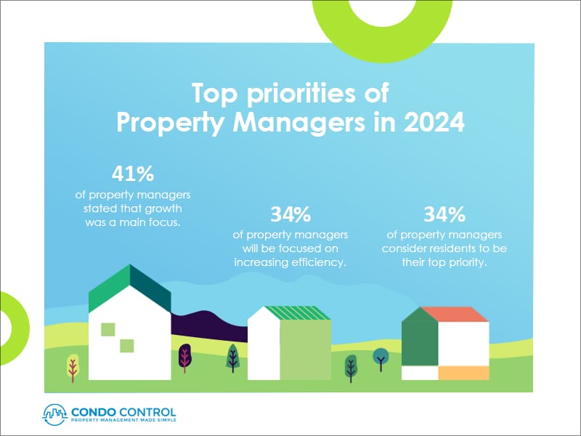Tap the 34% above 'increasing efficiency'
click(x=290, y=214)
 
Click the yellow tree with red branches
click(x=73, y=366)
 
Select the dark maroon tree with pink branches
click(x=184, y=357)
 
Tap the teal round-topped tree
click(x=380, y=357)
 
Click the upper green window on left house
click(x=107, y=328)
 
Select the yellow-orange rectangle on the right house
click(x=463, y=372)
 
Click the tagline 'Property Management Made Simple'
click(x=123, y=420)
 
